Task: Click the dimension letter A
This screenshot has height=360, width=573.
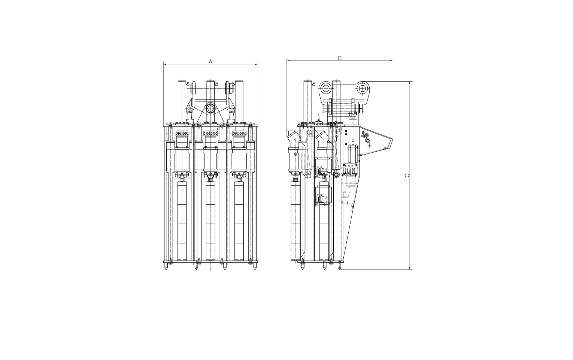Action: (210, 62)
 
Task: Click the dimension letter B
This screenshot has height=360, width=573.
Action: (340, 58)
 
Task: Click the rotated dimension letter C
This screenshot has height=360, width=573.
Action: (407, 176)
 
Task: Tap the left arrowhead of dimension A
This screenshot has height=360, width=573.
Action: (165, 64)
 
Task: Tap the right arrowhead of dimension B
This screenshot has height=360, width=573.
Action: (391, 61)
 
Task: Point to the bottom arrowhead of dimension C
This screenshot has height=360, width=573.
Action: (410, 268)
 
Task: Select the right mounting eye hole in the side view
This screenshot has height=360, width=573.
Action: (362, 88)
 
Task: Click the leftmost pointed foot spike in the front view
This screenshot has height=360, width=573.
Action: (166, 266)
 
